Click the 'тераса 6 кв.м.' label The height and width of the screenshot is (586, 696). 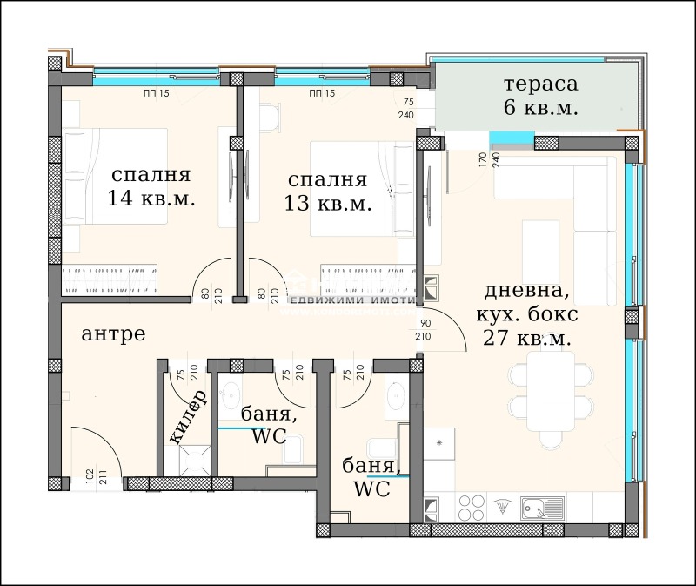(540, 97)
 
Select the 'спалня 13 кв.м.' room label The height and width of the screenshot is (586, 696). (327, 192)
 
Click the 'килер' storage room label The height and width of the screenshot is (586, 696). (188, 417)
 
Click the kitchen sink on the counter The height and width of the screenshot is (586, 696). (542, 506)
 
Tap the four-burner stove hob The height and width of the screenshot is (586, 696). (471, 507)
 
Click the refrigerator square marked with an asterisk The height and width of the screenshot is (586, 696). (440, 444)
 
